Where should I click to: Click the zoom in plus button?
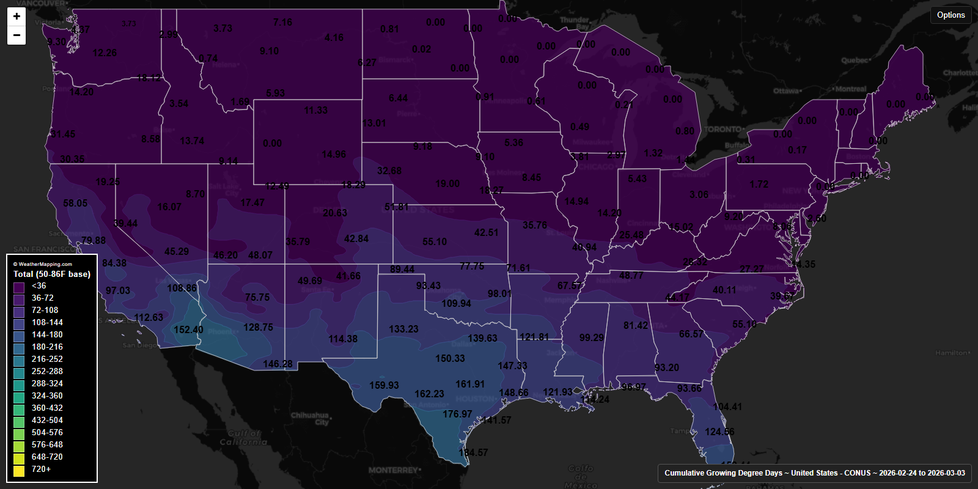tap(17, 17)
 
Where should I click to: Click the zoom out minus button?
tap(17, 35)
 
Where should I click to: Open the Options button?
tap(950, 15)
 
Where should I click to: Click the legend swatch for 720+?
tap(19, 469)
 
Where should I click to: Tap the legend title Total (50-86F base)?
tap(52, 274)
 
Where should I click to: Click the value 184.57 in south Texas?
tap(473, 453)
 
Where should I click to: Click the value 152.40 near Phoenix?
tap(188, 330)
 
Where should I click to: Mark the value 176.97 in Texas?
tap(457, 414)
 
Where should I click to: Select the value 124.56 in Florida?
tap(719, 432)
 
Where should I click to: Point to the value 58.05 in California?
tap(75, 204)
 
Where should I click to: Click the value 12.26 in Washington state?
tap(105, 53)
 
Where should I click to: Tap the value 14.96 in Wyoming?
tap(334, 155)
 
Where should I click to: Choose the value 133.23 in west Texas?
tap(403, 329)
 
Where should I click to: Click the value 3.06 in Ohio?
tap(699, 195)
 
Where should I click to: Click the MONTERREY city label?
tap(393, 471)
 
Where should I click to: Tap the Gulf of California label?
tap(243, 438)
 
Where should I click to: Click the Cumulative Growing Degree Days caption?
tap(814, 473)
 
